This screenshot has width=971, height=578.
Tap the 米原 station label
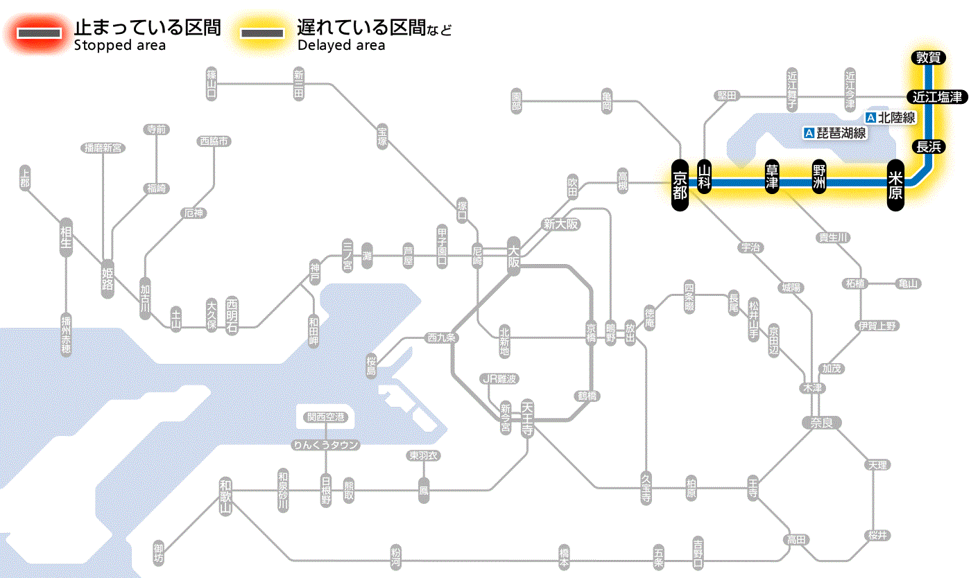[x=895, y=184]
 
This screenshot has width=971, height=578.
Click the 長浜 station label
[x=928, y=146]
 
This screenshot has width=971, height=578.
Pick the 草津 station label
[x=772, y=177]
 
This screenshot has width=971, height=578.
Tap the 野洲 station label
[x=819, y=177]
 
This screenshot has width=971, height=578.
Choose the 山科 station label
[x=705, y=177]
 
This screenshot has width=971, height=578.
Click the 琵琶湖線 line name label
[x=835, y=132]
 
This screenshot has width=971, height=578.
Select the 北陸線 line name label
[x=891, y=118]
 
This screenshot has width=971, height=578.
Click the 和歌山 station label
[x=225, y=496]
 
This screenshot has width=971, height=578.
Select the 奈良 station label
[x=821, y=422]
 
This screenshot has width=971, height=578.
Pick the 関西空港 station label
[x=326, y=417]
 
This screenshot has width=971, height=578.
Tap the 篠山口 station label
[x=212, y=84]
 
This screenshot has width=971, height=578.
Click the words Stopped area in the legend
[x=119, y=46]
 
